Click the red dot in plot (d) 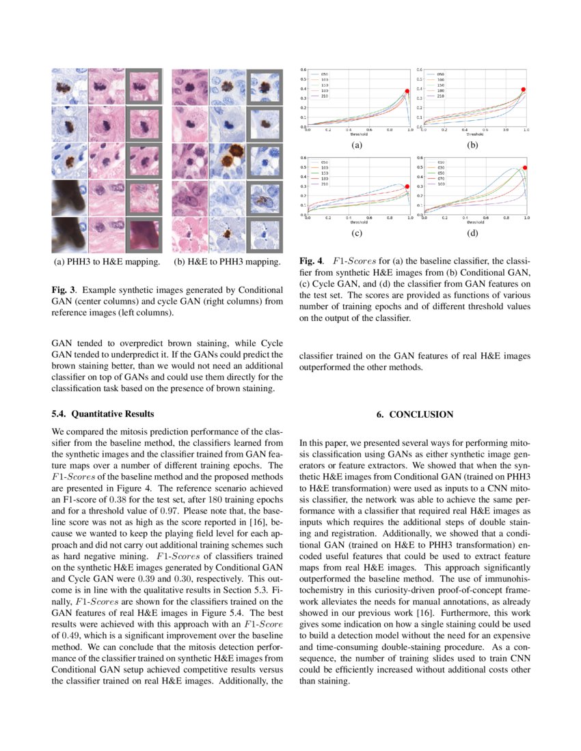[x=525, y=168]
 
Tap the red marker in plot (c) [x=407, y=186]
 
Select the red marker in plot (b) [x=524, y=89]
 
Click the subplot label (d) [x=473, y=233]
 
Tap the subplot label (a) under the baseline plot [x=356, y=145]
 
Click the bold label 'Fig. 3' [x=63, y=288]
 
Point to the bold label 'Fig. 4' [x=310, y=261]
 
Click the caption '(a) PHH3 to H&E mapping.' [x=107, y=261]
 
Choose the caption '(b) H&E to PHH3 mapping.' [x=227, y=261]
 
